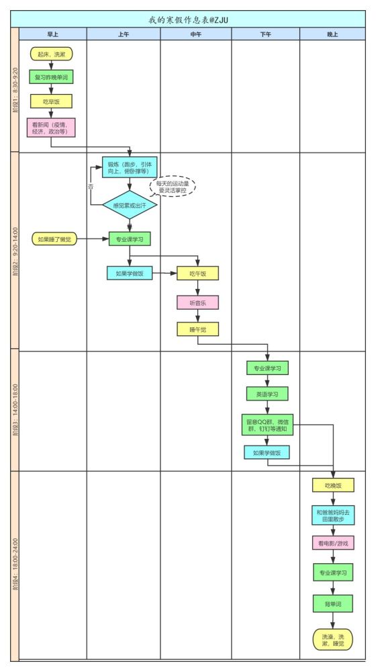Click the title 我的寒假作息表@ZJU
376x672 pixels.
click(188, 19)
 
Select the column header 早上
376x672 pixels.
click(52, 34)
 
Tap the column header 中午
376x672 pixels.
click(195, 34)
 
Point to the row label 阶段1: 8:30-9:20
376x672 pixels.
click(15, 90)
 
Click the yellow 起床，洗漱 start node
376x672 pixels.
click(52, 54)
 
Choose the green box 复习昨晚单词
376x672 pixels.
click(52, 77)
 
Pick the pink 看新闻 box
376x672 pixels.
click(51, 128)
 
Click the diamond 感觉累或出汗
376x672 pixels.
click(130, 205)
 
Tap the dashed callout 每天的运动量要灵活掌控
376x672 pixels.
click(173, 186)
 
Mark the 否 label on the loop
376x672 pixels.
click(91, 186)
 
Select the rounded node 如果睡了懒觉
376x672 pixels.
click(54, 239)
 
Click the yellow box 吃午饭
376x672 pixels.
click(198, 274)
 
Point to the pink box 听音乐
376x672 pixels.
click(198, 302)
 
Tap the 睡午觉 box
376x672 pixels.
click(198, 329)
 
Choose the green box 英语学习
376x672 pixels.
click(267, 394)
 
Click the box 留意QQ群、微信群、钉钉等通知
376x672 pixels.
click(267, 425)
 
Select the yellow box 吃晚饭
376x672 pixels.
click(333, 485)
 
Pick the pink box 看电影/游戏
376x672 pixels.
click(333, 543)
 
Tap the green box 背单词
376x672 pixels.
click(333, 604)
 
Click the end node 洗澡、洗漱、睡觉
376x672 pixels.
click(333, 640)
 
